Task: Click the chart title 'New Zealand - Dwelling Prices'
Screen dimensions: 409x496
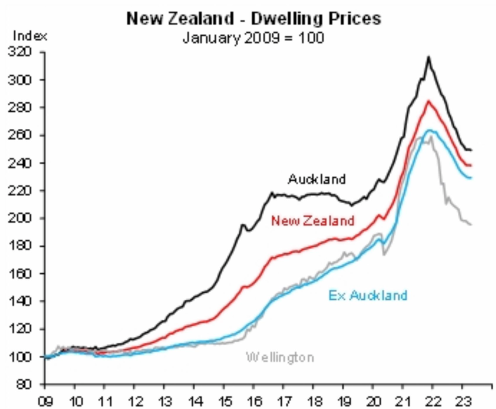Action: [x=254, y=19]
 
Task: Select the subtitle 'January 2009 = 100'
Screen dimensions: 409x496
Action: [x=253, y=38]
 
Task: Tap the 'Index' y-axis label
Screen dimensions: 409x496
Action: [x=30, y=36]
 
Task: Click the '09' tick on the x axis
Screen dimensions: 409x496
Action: [x=45, y=401]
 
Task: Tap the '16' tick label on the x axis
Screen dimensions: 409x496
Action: [x=254, y=401]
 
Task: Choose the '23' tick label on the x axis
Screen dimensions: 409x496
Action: [x=462, y=401]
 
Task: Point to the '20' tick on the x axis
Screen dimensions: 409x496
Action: [x=373, y=401]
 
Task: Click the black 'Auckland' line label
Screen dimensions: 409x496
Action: [x=317, y=179]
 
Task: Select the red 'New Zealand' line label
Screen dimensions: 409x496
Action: [x=313, y=221]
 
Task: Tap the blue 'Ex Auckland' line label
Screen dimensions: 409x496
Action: [x=368, y=295]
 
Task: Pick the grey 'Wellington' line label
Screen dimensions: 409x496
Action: [x=280, y=357]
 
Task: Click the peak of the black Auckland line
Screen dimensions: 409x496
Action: [x=429, y=57]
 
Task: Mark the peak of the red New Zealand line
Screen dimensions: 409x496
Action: [x=429, y=101]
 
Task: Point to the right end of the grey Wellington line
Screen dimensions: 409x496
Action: [x=471, y=224]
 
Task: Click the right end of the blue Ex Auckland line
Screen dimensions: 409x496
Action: [x=471, y=178]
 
